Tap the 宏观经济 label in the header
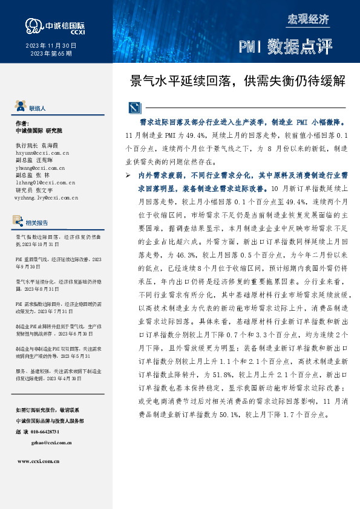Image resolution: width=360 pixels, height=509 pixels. click(x=309, y=19)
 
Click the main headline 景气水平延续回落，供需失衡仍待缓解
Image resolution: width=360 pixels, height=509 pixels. click(x=238, y=80)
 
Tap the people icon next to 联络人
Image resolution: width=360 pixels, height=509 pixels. click(x=21, y=108)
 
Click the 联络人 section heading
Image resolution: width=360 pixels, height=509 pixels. click(x=38, y=108)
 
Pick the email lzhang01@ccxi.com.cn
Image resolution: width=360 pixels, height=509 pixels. click(x=45, y=182)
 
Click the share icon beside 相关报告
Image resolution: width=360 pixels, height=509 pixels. click(x=21, y=221)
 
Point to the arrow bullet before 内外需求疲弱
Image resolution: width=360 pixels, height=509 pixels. click(x=128, y=175)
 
